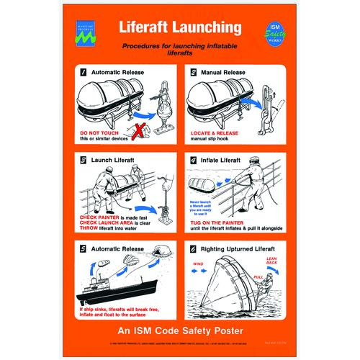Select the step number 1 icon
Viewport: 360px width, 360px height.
coord(84,73)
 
